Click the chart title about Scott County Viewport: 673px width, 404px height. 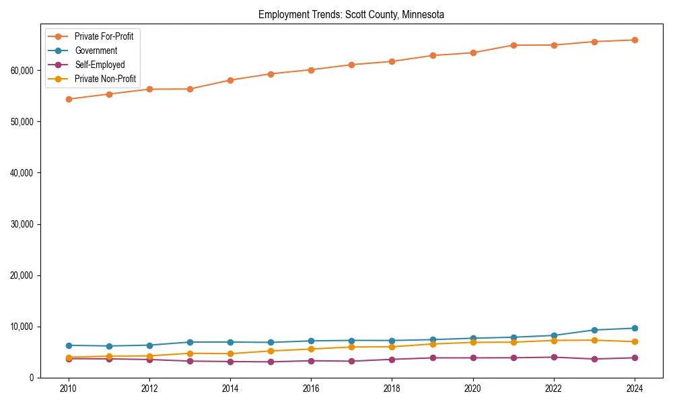click(x=351, y=14)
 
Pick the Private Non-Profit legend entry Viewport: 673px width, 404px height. click(x=105, y=79)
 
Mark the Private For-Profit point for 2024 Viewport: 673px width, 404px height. click(x=635, y=40)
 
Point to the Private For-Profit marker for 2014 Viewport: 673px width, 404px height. click(x=230, y=80)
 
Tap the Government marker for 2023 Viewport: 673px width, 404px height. click(x=594, y=330)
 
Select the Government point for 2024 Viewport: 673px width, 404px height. click(x=635, y=328)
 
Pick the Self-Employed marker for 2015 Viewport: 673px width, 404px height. click(x=271, y=362)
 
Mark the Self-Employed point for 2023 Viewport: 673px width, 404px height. click(x=594, y=359)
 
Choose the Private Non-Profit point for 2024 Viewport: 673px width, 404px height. click(x=635, y=341)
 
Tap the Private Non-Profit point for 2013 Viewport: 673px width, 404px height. click(x=190, y=353)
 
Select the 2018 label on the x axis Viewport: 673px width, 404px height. click(x=392, y=389)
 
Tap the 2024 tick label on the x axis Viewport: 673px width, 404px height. click(x=635, y=389)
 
